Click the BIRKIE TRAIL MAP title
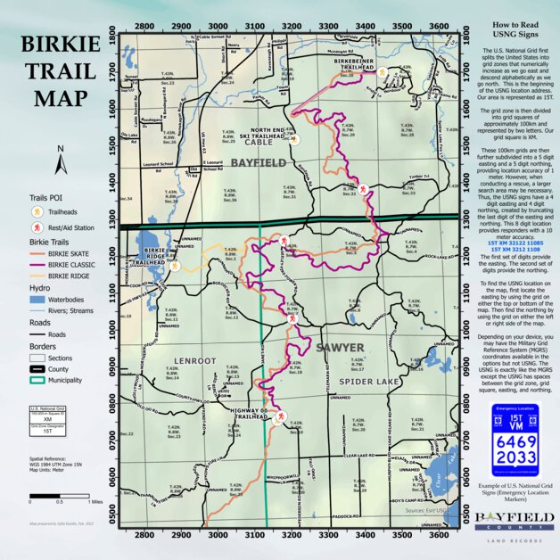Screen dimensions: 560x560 click(61, 71)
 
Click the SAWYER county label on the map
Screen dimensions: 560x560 click(315, 347)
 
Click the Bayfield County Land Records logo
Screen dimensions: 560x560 click(508, 523)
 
